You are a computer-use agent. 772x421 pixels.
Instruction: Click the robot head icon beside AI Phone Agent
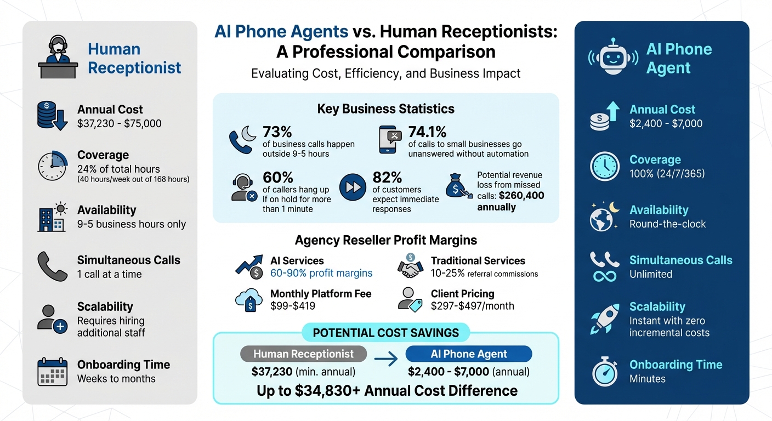[613, 56]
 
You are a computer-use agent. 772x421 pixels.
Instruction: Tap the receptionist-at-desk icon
[58, 57]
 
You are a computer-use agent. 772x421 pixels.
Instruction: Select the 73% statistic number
[277, 132]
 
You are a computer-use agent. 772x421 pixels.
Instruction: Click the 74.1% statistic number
[427, 132]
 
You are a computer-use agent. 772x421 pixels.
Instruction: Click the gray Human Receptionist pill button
[303, 354]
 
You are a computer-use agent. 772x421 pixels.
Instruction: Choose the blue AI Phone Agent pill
[468, 354]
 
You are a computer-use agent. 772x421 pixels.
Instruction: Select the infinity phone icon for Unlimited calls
[604, 267]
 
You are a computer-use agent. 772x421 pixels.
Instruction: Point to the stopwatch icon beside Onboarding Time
[605, 372]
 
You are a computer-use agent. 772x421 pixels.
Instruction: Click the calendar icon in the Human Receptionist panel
[52, 372]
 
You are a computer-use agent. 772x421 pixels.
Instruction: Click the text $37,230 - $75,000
[120, 123]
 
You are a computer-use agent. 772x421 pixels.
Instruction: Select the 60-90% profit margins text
[321, 273]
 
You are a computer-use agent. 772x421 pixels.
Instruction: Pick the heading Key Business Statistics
[385, 109]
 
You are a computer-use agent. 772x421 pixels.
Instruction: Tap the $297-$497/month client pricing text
[472, 306]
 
